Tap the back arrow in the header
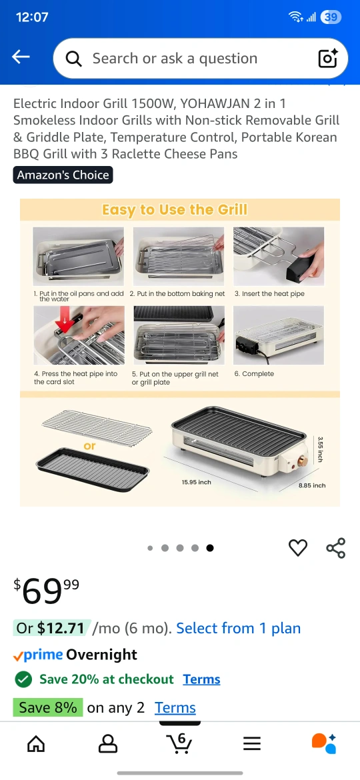[21, 57]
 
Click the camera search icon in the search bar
[328, 58]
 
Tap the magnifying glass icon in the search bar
[73, 59]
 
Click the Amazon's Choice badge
[63, 175]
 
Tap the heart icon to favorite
[298, 548]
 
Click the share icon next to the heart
[335, 548]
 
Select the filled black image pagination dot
[210, 548]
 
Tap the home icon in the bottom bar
[36, 744]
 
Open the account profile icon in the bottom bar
[108, 744]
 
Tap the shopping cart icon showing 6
[179, 743]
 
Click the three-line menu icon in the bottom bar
[252, 744]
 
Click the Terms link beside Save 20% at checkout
[201, 679]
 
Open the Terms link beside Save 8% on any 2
[175, 707]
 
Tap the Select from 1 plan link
[239, 628]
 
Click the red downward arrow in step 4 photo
[64, 323]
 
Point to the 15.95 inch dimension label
[197, 482]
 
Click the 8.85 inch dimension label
[312, 485]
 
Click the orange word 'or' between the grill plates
[89, 446]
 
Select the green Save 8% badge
[48, 707]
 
